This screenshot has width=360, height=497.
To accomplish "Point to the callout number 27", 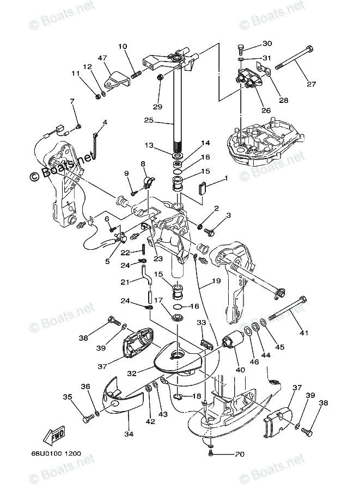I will tap(311, 84).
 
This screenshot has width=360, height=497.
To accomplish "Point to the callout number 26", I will tap(266, 111).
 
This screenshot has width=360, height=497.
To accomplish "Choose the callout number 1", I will tap(227, 179).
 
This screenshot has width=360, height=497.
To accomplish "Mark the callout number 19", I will tap(216, 282).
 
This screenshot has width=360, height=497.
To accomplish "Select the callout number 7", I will tap(71, 101).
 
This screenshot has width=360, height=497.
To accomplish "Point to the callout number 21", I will tap(125, 281).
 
